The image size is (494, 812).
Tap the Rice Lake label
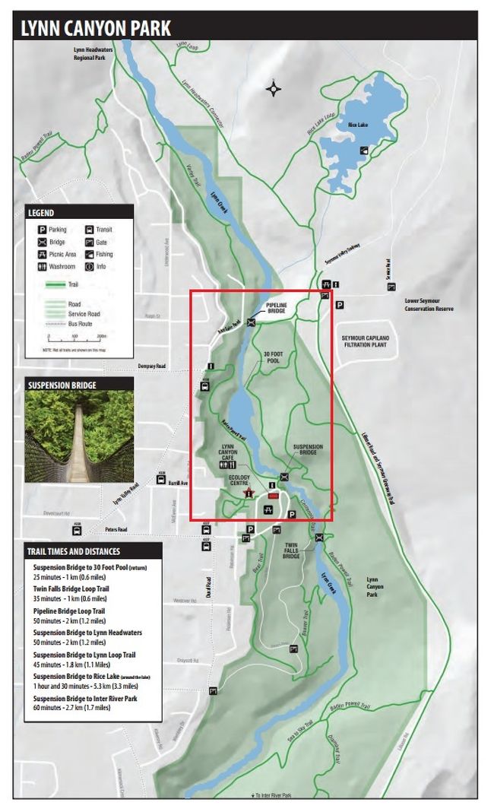pyautogui.click(x=358, y=125)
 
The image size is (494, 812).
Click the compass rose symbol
pyautogui.click(x=273, y=90)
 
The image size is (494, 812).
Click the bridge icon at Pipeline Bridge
pyautogui.click(x=252, y=322)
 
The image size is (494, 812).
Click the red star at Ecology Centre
pyautogui.click(x=248, y=493)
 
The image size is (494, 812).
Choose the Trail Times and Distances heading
pyautogui.click(x=73, y=551)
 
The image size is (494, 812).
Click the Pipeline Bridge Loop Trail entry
pyautogui.click(x=69, y=611)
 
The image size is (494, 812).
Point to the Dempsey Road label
pyautogui.click(x=152, y=366)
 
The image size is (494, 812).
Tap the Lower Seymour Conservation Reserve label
pyautogui.click(x=432, y=304)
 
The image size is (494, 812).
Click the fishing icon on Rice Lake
pyautogui.click(x=364, y=150)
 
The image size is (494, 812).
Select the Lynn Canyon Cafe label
pyautogui.click(x=229, y=452)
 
